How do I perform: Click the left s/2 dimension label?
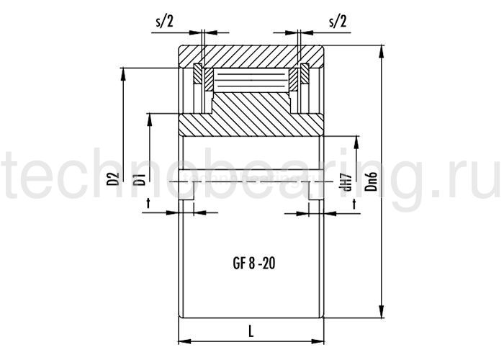(164, 22)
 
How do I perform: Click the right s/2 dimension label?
(338, 22)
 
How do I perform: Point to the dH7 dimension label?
(348, 181)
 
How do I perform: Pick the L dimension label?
(251, 331)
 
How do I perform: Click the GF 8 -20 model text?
(254, 264)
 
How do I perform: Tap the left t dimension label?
(148, 203)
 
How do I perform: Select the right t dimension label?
(354, 203)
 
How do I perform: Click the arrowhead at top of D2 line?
(122, 74)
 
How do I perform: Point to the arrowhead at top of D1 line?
(149, 120)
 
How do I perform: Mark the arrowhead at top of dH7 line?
(356, 143)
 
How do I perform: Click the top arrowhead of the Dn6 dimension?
(382, 51)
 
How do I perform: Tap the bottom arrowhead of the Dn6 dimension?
(382, 312)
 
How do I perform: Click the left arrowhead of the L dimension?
(185, 341)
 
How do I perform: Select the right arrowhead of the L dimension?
(318, 341)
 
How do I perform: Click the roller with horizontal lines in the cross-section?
(251, 79)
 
